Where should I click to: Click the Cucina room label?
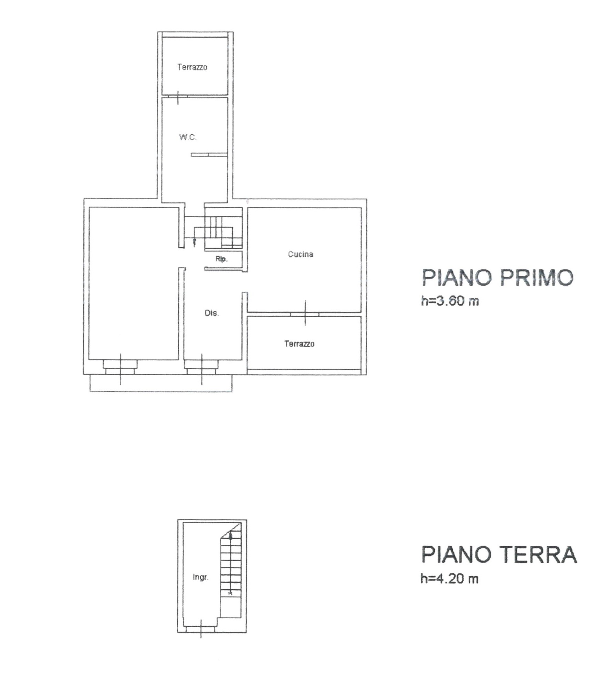point(300,254)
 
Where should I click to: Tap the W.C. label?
point(188,137)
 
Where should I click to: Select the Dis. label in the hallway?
point(212,313)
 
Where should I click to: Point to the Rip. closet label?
point(222,259)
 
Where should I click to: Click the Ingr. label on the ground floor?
point(201,577)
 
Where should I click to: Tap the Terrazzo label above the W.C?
point(192,67)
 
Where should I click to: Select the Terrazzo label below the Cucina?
point(299,344)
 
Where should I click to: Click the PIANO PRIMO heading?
point(497,278)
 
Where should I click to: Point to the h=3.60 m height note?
point(450,301)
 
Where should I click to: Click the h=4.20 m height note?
point(450,579)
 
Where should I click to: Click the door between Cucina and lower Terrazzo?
point(305,314)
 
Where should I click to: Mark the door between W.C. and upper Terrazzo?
point(178,96)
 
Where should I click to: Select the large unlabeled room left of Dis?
point(134,283)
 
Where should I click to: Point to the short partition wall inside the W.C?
point(209,155)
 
